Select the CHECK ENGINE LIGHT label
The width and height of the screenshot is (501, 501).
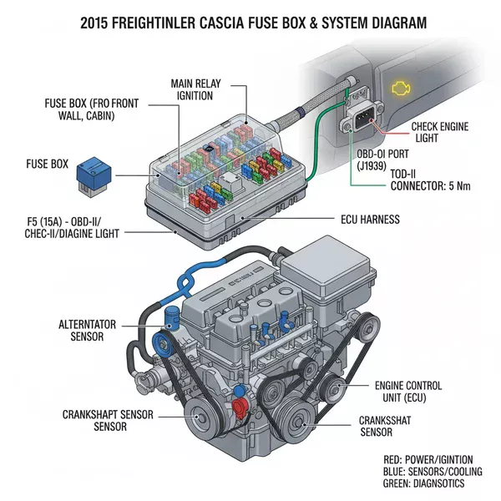click(441, 131)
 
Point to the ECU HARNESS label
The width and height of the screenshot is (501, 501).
click(369, 220)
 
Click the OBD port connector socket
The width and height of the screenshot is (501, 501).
click(357, 124)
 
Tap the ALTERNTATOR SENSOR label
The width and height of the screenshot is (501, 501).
click(94, 330)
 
